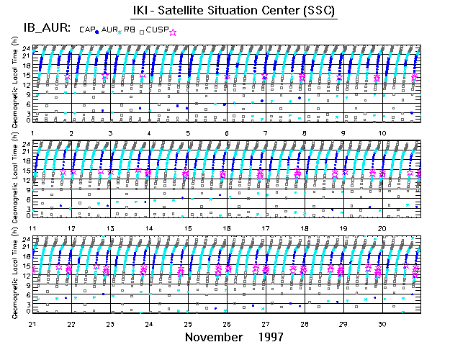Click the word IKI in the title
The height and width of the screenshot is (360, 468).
(142, 12)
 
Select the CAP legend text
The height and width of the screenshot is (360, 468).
(86, 30)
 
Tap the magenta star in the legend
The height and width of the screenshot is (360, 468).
(172, 31)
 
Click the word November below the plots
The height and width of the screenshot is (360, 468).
(212, 336)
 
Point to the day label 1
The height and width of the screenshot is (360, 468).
(33, 134)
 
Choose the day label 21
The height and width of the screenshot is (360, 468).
(32, 324)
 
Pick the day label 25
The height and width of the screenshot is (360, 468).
(188, 324)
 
